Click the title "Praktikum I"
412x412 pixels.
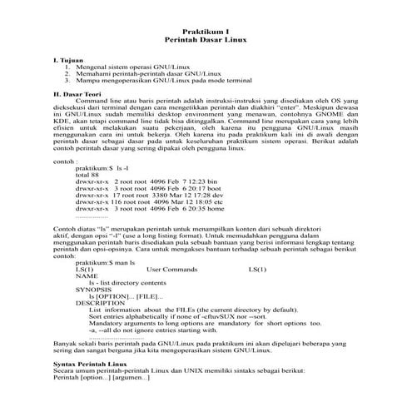(205, 30)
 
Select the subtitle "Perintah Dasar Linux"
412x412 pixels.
(205, 39)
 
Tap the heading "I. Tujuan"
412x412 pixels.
(68, 61)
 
